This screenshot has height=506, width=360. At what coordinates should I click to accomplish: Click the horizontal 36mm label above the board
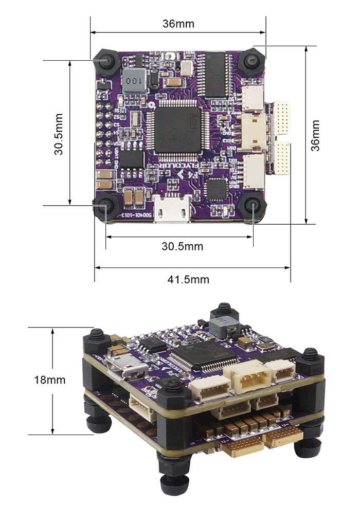pyautogui.click(x=178, y=24)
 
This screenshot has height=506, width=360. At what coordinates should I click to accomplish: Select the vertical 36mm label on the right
pyautogui.click(x=315, y=135)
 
